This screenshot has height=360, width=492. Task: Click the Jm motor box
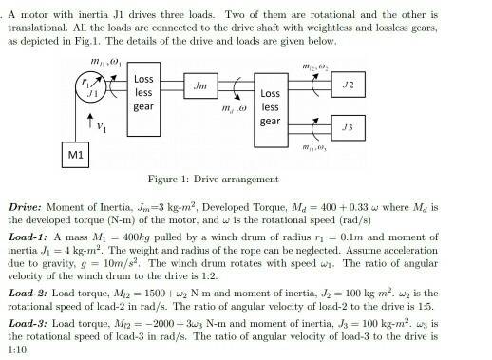click(x=200, y=89)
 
